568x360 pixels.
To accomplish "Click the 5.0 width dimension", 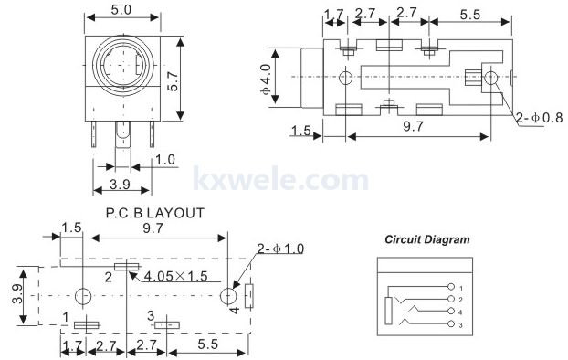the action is click(x=121, y=10).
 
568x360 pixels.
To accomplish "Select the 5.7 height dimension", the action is click(x=174, y=80).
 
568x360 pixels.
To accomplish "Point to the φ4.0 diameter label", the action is click(x=266, y=79).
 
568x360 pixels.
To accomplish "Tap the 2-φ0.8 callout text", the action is click(x=540, y=118).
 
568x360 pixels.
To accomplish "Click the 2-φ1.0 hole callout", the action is click(x=280, y=249).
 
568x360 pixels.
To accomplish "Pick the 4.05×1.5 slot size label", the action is click(x=176, y=276).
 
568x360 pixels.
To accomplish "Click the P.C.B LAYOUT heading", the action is click(x=155, y=213).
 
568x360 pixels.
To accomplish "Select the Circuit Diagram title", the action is click(x=427, y=239).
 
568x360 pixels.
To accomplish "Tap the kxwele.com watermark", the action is click(x=280, y=178).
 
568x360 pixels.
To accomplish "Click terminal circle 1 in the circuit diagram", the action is click(x=451, y=287).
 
